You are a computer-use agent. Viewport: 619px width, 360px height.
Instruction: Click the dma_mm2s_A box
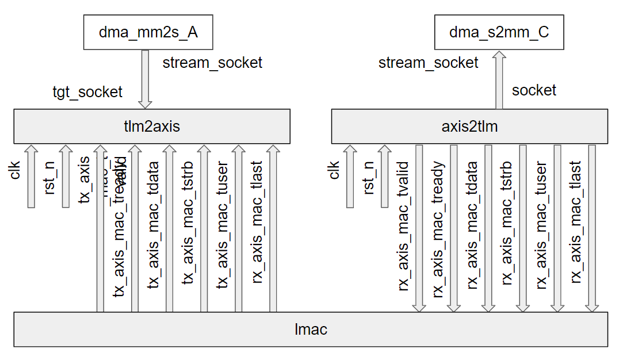point(148,33)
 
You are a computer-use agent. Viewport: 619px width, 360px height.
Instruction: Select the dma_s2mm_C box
point(499,33)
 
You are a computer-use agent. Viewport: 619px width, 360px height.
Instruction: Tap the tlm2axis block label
point(152,127)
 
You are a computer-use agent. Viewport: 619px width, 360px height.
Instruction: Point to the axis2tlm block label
point(469,127)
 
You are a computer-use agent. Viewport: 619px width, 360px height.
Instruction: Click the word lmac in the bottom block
point(310,330)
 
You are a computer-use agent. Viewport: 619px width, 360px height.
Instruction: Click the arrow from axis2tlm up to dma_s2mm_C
point(499,81)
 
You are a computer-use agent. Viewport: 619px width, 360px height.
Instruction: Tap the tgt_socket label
point(87,91)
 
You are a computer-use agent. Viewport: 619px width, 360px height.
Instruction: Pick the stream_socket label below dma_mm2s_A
point(212,63)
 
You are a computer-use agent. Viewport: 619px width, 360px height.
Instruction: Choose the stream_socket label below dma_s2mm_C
point(428,63)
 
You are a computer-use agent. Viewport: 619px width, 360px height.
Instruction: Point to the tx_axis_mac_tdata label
point(154,224)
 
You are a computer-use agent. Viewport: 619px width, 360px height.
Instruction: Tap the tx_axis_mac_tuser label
point(222,224)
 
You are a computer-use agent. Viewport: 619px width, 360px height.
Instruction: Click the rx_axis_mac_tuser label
point(541,224)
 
